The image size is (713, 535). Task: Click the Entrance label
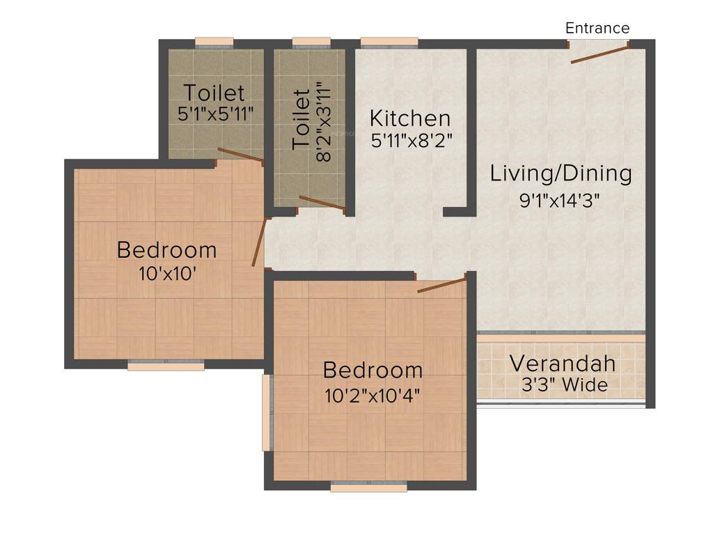(x=597, y=28)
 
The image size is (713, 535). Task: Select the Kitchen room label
(x=409, y=118)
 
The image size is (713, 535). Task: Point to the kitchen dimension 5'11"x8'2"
(x=412, y=139)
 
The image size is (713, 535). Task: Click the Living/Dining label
(x=561, y=173)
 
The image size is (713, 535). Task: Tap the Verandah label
(x=563, y=363)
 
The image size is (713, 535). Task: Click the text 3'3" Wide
(x=564, y=385)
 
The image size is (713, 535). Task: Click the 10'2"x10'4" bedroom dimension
(x=373, y=395)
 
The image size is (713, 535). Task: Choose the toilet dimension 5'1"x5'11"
(x=215, y=114)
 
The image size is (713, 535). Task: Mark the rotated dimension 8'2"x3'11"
(x=322, y=122)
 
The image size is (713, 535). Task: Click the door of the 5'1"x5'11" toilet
(x=240, y=155)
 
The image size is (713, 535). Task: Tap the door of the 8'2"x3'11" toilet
(x=322, y=203)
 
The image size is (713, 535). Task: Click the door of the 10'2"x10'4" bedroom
(x=441, y=285)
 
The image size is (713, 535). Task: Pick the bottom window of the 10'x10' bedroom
(x=166, y=364)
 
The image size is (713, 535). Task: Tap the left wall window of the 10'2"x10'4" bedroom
(x=266, y=412)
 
